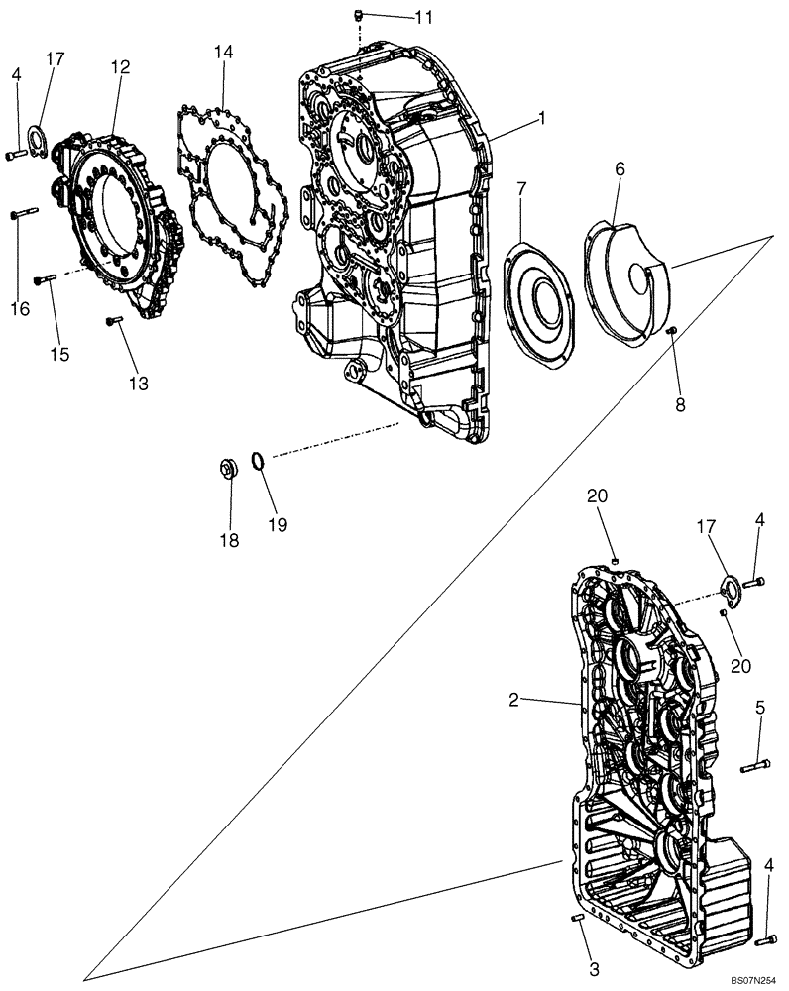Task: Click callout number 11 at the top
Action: [395, 17]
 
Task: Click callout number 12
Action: [120, 67]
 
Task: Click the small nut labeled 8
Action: [671, 330]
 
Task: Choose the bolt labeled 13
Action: [114, 319]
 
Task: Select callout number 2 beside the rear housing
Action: [514, 700]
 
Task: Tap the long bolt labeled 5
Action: [754, 764]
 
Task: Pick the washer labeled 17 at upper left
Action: [36, 136]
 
